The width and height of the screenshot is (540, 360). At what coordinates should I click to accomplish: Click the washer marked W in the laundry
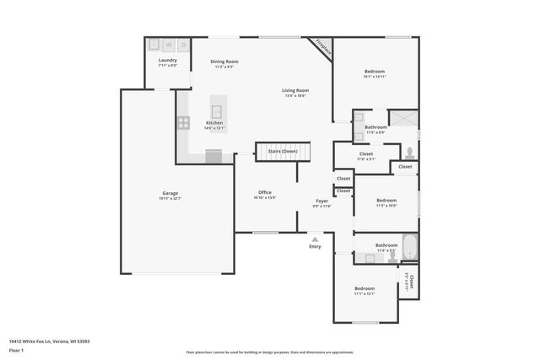click(168, 45)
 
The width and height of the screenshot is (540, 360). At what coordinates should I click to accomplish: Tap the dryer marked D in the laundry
click(183, 45)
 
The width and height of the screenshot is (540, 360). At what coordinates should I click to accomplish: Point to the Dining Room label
click(224, 62)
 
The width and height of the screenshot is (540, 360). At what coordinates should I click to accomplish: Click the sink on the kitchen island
click(217, 110)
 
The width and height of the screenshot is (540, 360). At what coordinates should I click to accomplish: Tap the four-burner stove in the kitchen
click(183, 122)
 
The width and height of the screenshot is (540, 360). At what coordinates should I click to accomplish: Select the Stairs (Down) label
click(283, 152)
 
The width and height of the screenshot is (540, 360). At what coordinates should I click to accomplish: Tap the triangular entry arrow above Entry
click(315, 239)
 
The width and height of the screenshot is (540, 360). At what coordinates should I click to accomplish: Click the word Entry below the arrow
click(315, 247)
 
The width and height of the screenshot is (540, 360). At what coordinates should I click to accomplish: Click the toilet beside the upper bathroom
click(408, 153)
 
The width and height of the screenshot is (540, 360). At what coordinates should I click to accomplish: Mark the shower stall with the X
click(403, 118)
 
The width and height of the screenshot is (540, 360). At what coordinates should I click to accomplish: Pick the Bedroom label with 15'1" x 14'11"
click(374, 72)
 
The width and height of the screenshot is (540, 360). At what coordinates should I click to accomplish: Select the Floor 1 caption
click(16, 349)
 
